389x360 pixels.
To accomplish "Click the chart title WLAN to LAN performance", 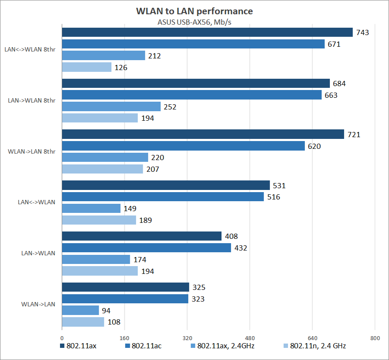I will coord(194,11).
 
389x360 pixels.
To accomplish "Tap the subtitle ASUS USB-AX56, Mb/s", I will coord(194,22).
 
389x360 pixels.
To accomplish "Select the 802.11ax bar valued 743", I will coord(207,32).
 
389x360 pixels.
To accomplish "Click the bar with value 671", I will coord(193,44).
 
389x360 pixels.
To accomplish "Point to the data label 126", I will coord(121,67).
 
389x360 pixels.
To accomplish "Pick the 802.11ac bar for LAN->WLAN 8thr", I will coord(192,95).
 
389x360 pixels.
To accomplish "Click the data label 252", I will coord(170,106).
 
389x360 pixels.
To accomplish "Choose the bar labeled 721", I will coord(203,134).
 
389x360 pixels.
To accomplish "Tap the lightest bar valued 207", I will coord(102,169).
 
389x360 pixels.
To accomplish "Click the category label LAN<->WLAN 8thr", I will coord(29,49).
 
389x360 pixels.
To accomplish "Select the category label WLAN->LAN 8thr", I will coord(32,151).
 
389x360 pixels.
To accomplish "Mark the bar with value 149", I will coord(91,209).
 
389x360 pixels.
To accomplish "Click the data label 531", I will coord(279,186).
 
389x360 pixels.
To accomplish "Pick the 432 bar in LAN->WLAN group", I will coord(147,248).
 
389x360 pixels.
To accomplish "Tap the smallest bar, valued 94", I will coord(80,310).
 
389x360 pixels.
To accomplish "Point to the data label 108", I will coord(114,322).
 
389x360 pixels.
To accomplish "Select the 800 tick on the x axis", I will coord(375,338).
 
